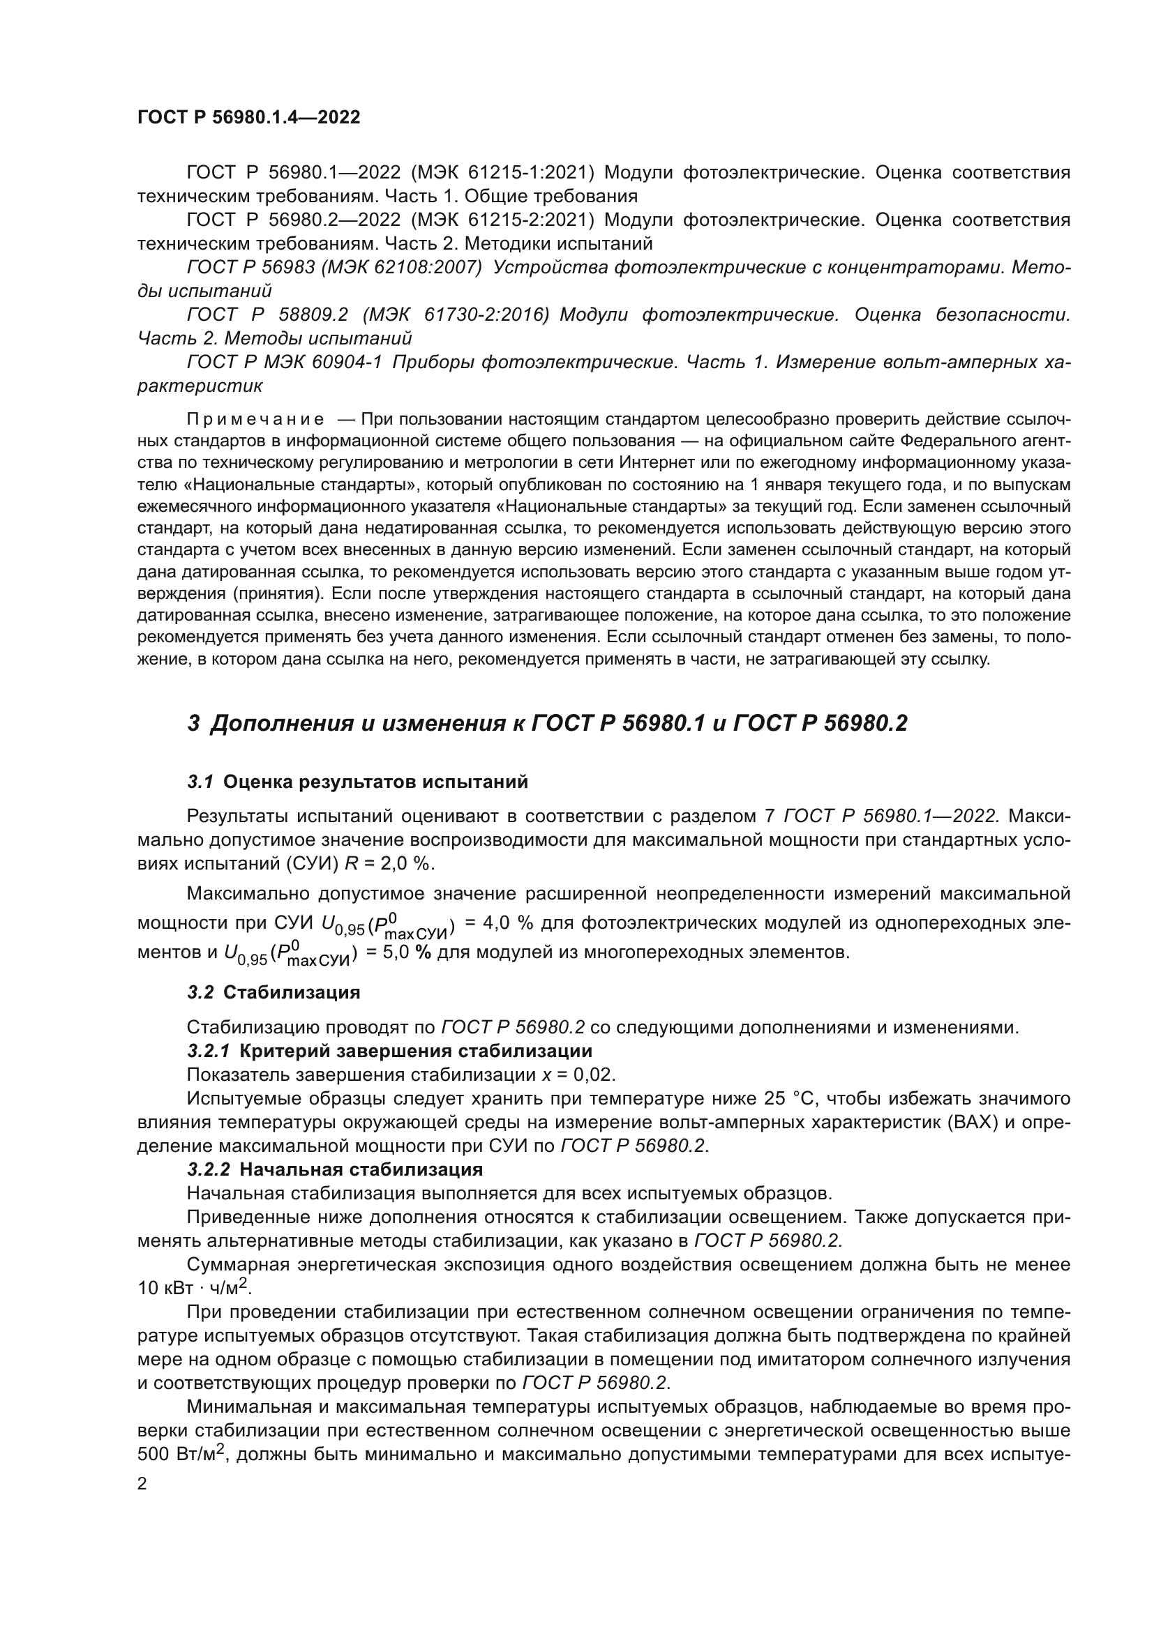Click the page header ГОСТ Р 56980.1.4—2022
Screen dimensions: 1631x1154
pos(248,117)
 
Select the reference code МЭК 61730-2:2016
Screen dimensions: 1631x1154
pos(456,314)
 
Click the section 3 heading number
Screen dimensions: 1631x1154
pos(193,724)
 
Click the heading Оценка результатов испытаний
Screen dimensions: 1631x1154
pos(375,782)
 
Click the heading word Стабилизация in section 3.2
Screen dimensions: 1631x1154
pos(292,992)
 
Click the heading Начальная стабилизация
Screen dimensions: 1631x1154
pos(361,1169)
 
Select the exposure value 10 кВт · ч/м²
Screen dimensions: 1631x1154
pos(195,1288)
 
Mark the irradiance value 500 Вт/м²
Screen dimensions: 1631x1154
pos(181,1454)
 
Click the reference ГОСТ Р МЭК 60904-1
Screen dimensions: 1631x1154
pos(284,363)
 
